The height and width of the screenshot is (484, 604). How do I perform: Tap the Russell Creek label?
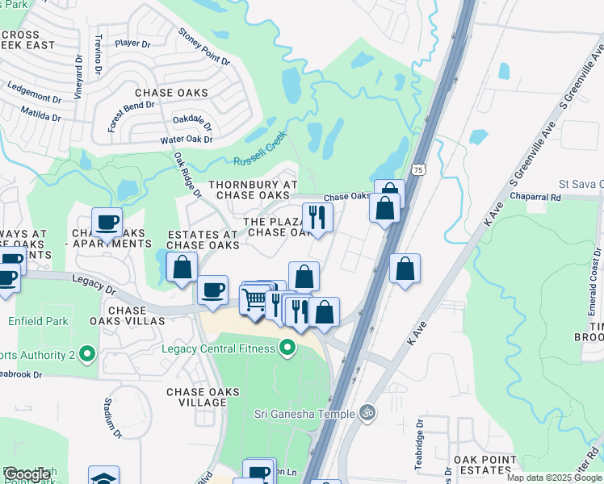click(x=261, y=152)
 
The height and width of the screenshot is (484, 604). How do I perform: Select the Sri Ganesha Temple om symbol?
click(x=367, y=412)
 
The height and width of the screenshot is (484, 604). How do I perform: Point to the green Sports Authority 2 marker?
click(x=89, y=354)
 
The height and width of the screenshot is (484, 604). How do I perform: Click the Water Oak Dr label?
click(x=186, y=140)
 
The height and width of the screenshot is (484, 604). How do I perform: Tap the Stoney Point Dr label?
click(x=199, y=48)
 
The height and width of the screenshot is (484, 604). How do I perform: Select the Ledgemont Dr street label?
click(x=34, y=91)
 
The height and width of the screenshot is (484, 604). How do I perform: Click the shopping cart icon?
click(x=254, y=299)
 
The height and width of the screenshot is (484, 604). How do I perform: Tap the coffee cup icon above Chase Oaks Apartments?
click(x=107, y=222)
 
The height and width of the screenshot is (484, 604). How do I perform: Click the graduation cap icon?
click(x=104, y=478)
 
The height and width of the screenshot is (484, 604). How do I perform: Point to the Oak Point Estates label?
click(x=484, y=465)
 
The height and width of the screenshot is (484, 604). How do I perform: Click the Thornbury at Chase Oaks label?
click(x=254, y=190)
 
